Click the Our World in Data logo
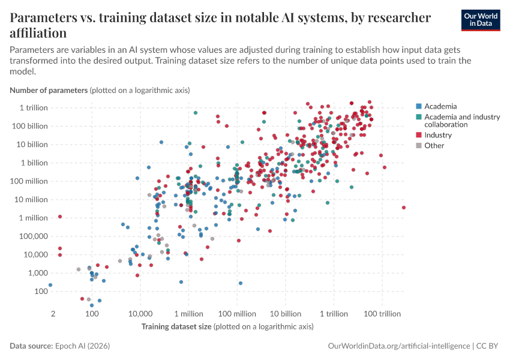click(481, 20)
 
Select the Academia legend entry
click(440, 106)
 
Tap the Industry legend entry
click(438, 135)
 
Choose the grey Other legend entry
click(434, 145)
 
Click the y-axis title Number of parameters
click(49, 91)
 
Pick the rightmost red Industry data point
click(404, 208)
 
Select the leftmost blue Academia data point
click(50, 285)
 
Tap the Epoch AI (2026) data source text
click(82, 346)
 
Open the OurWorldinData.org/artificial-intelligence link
click(399, 346)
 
